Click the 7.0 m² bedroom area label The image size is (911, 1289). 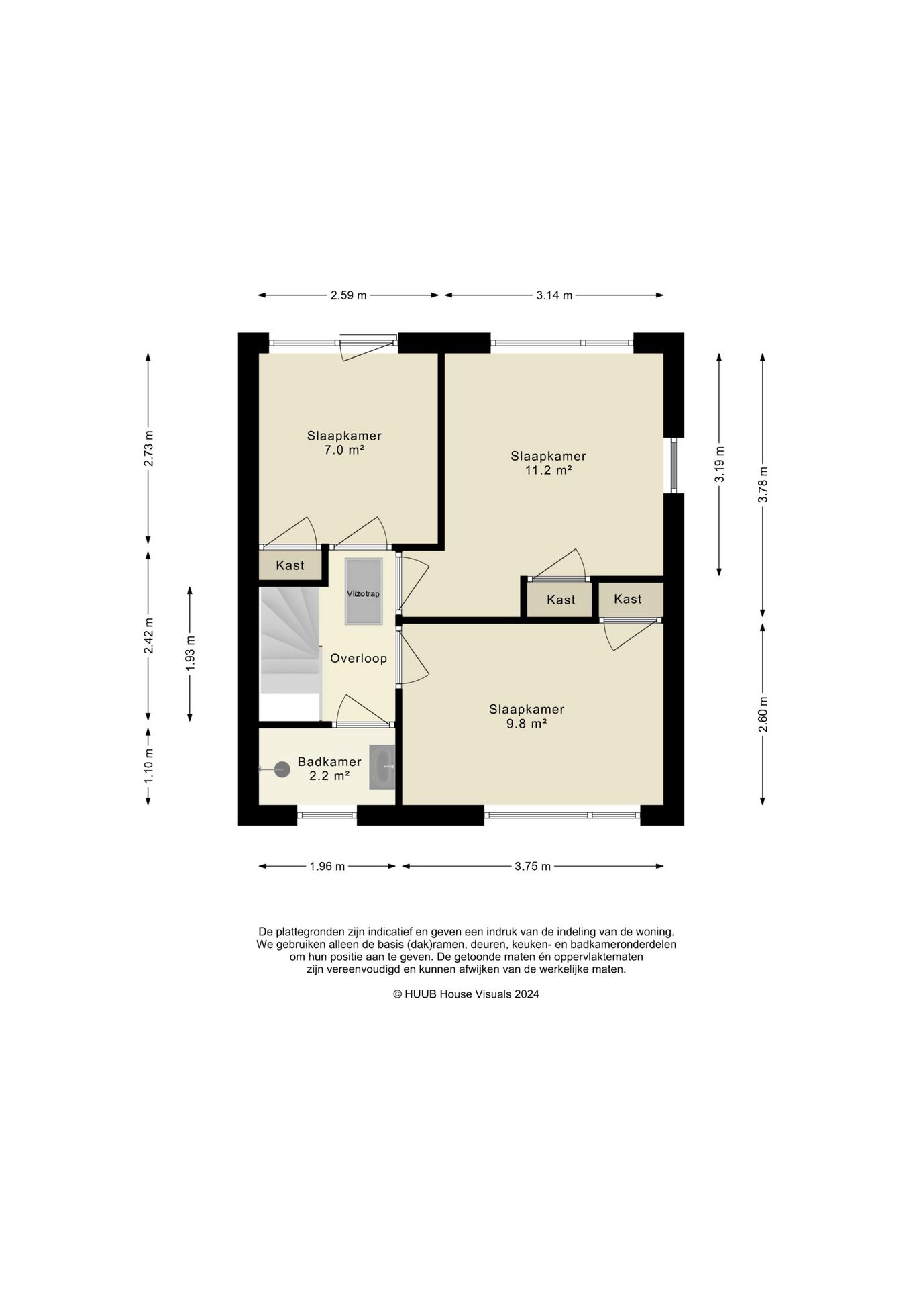click(344, 450)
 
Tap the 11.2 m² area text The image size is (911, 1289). click(548, 471)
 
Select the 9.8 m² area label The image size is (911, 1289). click(527, 724)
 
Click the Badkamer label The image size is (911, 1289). click(329, 762)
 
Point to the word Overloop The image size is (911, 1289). click(359, 659)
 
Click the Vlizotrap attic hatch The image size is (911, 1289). click(364, 591)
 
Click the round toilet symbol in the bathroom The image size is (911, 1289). click(282, 769)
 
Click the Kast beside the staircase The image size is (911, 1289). click(290, 565)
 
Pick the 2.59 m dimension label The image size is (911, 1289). click(349, 295)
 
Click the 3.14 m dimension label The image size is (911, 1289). click(554, 295)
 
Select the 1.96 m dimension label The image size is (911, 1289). click(327, 867)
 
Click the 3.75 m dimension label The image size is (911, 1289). click(533, 867)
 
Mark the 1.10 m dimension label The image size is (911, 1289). click(149, 765)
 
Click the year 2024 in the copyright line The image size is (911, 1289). click(527, 994)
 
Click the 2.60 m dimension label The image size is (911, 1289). click(763, 715)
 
